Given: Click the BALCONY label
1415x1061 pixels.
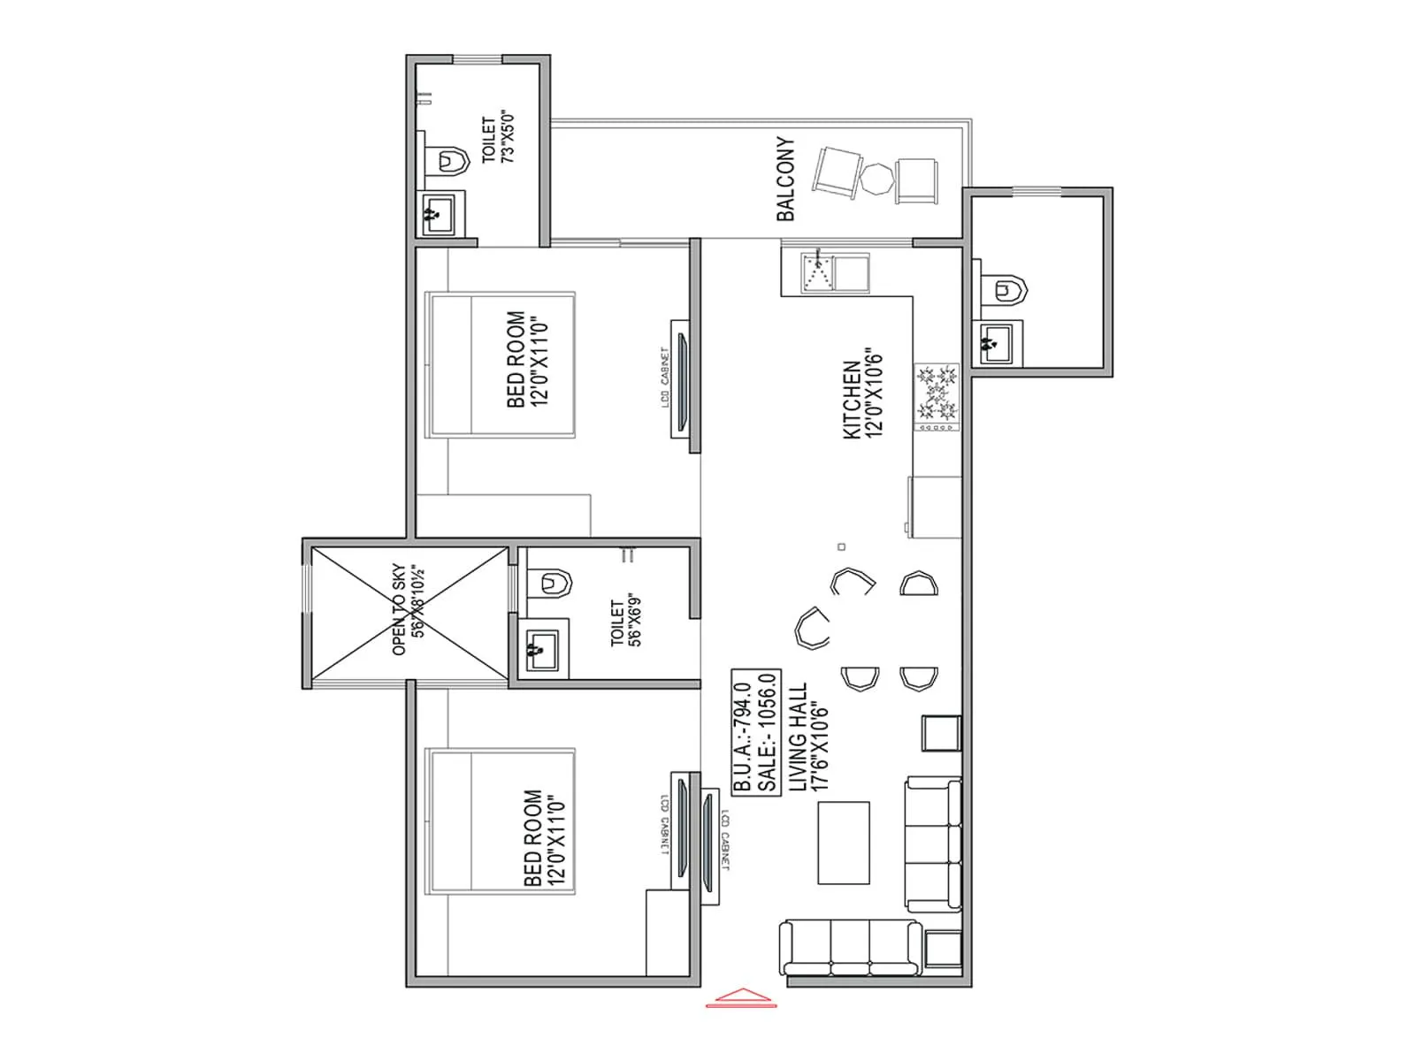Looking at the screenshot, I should point(785,179).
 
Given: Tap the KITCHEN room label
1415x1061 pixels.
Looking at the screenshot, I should point(851,399).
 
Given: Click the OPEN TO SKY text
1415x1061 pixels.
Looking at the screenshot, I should point(399,610).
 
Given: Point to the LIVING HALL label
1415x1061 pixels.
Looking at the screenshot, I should point(798,736).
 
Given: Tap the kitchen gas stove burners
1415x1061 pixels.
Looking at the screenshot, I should point(937,393).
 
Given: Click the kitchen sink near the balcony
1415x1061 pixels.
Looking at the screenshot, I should point(818,272).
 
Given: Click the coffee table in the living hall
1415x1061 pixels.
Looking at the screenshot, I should point(843,842).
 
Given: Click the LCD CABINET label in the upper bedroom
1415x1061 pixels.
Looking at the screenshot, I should point(664,378).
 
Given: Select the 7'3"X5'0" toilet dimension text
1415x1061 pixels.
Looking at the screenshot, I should point(508,136).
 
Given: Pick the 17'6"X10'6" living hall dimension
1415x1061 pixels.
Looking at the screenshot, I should point(820,745).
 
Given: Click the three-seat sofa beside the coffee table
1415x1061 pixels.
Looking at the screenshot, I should point(934,845).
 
